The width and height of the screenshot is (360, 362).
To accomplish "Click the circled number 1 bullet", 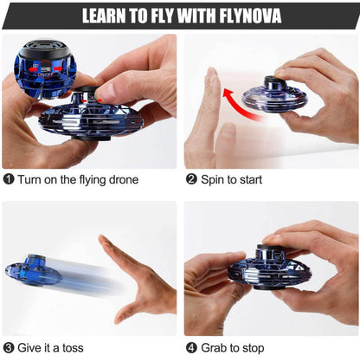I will pyautogui.click(x=8, y=180).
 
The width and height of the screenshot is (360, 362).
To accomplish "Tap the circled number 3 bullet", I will pyautogui.click(x=8, y=348).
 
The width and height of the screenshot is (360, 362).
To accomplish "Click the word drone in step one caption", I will pyautogui.click(x=121, y=180).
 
